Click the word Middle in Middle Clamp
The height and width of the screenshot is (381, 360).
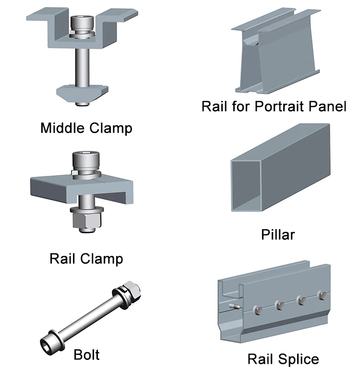[x=61, y=128]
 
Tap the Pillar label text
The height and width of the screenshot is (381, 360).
[x=278, y=235]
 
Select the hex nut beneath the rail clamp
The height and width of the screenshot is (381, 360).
[x=87, y=221]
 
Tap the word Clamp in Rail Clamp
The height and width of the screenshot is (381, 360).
[x=102, y=259]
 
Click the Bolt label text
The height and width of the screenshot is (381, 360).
[x=87, y=355]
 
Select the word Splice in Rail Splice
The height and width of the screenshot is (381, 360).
[x=299, y=359]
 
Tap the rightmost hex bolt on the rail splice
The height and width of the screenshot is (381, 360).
[x=322, y=295]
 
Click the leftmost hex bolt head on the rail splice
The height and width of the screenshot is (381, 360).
[x=258, y=310]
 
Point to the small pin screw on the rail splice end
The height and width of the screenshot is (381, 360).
[x=235, y=306]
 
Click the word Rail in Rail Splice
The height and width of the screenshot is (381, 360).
[x=261, y=359]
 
